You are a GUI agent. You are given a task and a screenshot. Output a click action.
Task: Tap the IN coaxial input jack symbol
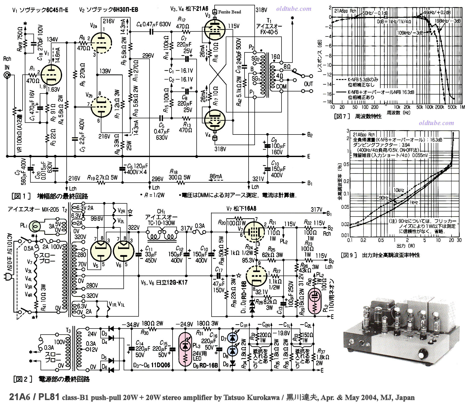tap(7, 75)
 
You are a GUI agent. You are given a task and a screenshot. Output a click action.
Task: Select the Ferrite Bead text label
tap(230, 12)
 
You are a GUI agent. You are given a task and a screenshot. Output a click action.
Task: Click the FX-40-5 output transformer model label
tap(269, 32)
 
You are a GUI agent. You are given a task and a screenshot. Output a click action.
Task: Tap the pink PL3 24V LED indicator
tap(185, 350)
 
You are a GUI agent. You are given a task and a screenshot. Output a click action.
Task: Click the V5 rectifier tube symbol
tap(101, 251)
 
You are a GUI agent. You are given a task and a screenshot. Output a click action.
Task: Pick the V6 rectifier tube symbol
tap(124, 251)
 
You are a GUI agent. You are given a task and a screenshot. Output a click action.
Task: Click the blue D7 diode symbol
tap(232, 338)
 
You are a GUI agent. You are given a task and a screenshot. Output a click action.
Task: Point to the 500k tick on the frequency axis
tap(452, 107)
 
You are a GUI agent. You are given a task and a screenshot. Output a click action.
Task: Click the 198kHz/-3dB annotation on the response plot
tap(448, 21)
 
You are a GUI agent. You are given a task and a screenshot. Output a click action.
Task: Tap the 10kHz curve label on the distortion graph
tap(399, 190)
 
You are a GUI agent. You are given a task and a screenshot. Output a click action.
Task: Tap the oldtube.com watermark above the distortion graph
tap(436, 123)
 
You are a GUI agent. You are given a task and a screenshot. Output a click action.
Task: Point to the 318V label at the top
tap(261, 10)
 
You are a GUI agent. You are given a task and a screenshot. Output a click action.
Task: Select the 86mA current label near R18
tap(216, 176)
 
